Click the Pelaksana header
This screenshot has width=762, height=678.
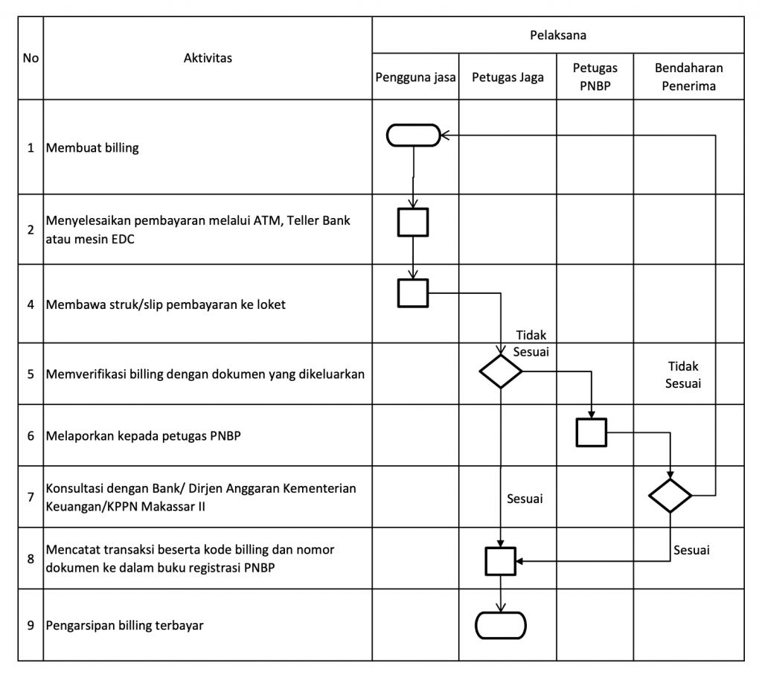558,35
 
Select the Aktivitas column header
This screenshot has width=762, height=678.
208,58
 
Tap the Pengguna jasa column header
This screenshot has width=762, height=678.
415,77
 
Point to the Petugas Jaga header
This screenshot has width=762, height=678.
508,77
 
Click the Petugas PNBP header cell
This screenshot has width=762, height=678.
595,77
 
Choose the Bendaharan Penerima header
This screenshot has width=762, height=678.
688,77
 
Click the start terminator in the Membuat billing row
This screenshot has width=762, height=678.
414,135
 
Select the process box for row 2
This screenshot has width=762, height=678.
413,223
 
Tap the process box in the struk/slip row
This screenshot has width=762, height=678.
413,293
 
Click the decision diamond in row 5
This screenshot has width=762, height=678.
501,371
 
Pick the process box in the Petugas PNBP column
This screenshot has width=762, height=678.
592,432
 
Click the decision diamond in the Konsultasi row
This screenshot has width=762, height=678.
670,495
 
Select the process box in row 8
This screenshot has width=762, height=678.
501,561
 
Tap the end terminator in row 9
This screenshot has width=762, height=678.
501,625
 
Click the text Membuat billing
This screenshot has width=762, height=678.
92,148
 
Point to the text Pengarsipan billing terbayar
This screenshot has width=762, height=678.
124,625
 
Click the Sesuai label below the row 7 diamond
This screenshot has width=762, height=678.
691,550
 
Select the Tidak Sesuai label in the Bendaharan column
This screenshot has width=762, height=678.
683,374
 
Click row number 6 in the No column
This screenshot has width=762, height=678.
31,435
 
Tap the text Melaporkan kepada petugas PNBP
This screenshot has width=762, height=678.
144,435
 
